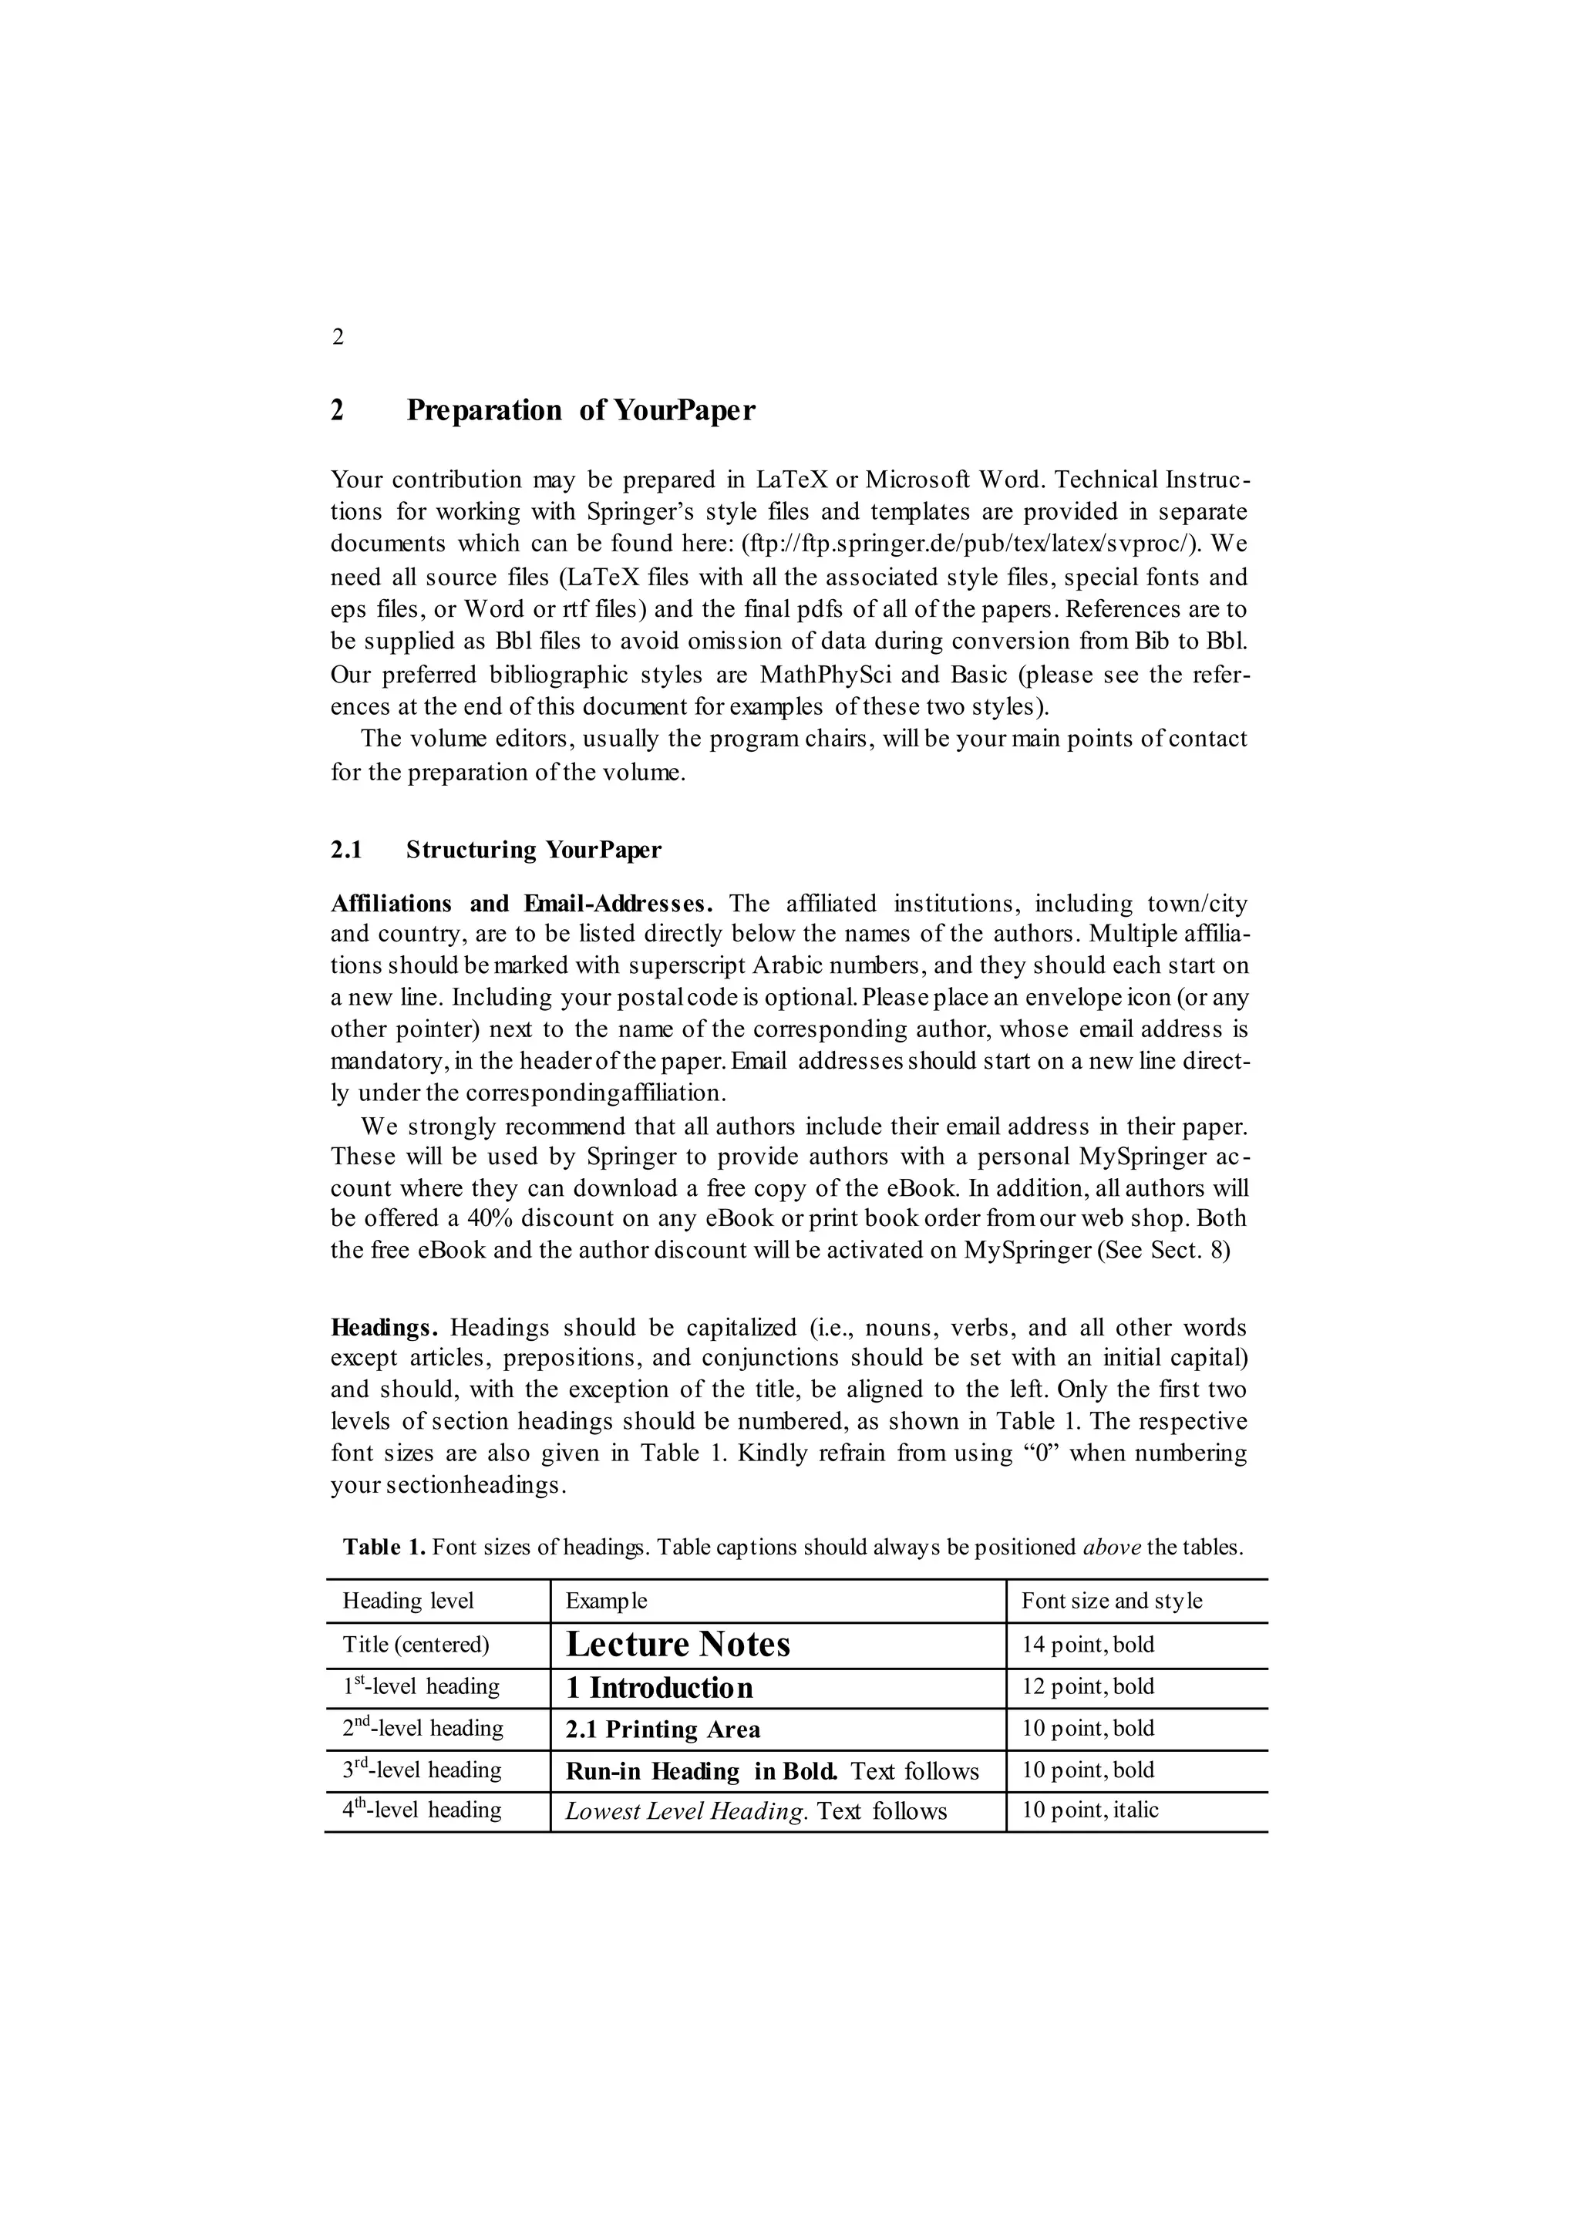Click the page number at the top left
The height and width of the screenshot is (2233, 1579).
338,338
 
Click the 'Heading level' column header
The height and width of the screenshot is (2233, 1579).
409,1601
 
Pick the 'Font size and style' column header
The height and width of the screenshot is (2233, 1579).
1111,1601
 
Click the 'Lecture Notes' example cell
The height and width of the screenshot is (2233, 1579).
678,1645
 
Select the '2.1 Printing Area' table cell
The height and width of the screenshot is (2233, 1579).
663,1729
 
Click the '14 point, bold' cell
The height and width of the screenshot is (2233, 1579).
1087,1645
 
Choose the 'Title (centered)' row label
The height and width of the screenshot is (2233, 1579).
415,1645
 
